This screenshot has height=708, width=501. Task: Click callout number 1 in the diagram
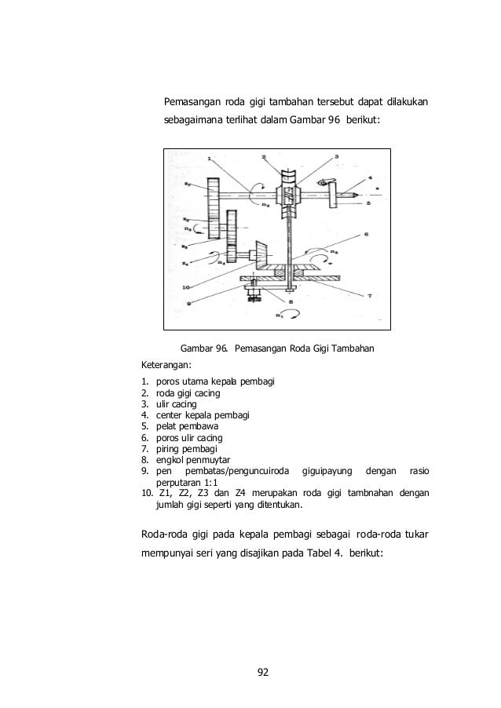tap(209, 159)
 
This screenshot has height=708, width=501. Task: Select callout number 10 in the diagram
tap(187, 288)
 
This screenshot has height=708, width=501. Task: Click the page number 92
tap(263, 672)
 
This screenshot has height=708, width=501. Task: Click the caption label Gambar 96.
tap(202, 348)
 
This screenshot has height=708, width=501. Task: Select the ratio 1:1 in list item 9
tap(207, 482)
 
